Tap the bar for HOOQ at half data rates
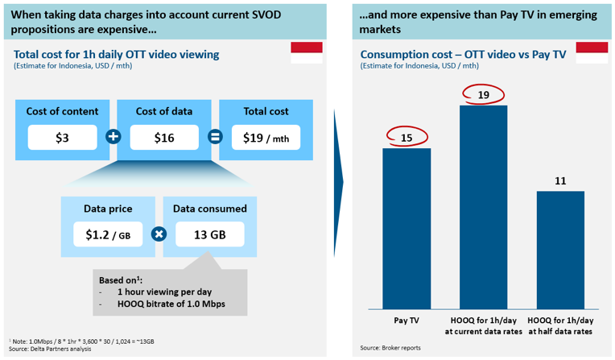(x=560, y=249)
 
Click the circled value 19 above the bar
(x=484, y=95)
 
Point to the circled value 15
(x=407, y=138)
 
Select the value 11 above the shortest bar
(x=560, y=181)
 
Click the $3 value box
(x=62, y=138)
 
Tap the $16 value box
(x=165, y=138)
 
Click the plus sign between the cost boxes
(x=114, y=137)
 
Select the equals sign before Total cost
(x=216, y=137)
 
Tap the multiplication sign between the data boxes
(x=159, y=234)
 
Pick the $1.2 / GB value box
(x=108, y=234)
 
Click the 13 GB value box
(x=209, y=234)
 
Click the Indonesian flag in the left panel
(x=306, y=54)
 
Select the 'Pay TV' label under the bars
(x=407, y=320)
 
